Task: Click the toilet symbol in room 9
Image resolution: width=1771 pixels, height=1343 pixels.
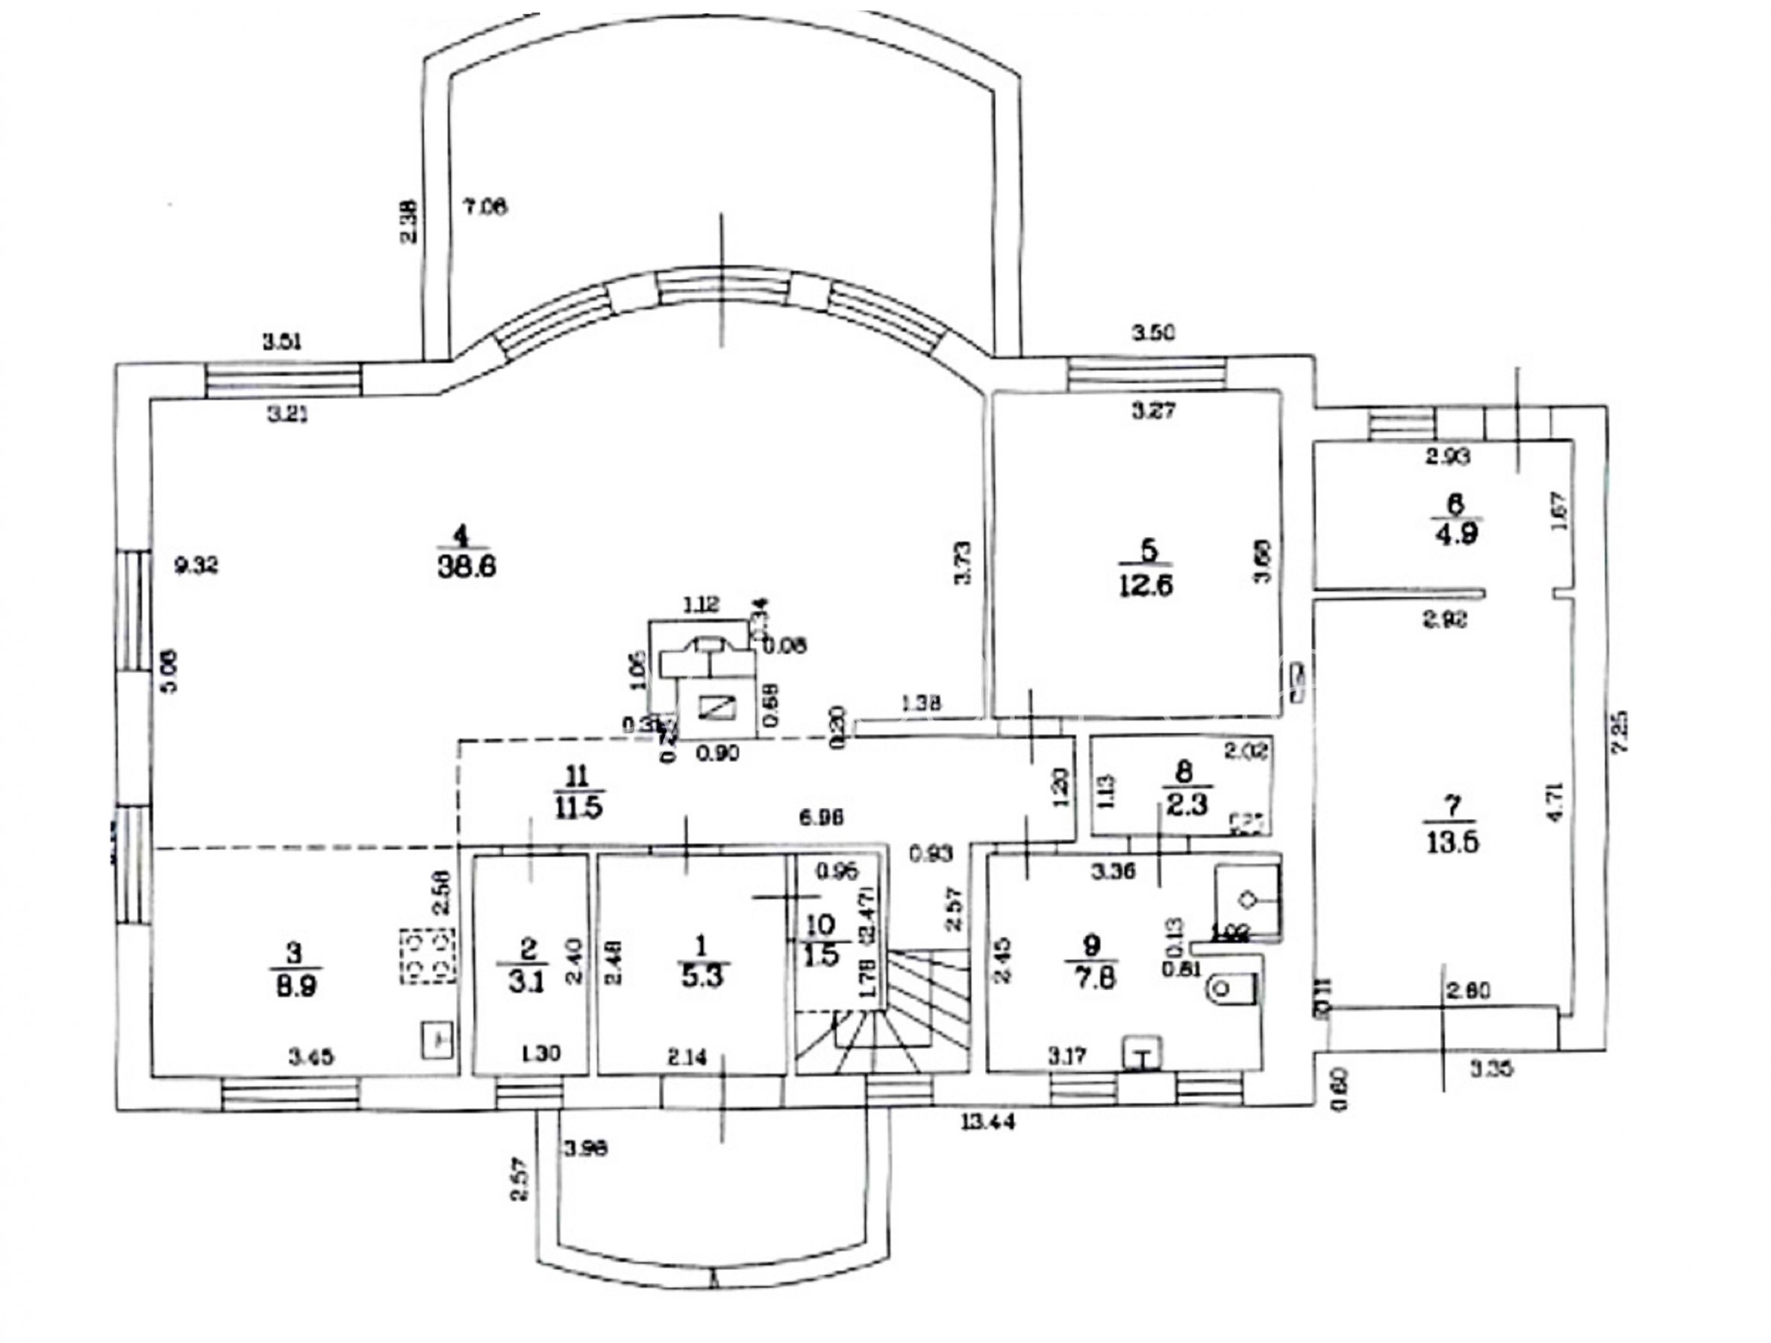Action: coord(1229,990)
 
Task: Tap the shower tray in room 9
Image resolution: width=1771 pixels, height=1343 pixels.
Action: coord(1247,901)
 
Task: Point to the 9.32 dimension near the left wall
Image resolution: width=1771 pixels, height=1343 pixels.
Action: coord(196,566)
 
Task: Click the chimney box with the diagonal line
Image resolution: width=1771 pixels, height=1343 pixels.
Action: coord(715,707)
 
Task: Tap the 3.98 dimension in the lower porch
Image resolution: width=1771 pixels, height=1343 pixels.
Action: coord(585,1150)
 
